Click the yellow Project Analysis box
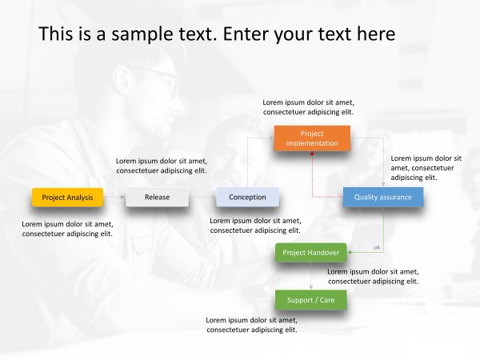pos(68,197)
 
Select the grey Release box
pos(157,197)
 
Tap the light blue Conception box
pos(247,197)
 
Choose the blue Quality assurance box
pos(382,197)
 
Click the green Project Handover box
pos(311,253)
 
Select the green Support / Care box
pos(311,300)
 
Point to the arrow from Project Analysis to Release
pos(114,197)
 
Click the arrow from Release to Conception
pos(202,197)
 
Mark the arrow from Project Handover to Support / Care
pos(311,276)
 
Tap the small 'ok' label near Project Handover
pos(377,247)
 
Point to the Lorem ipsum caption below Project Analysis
pos(67,229)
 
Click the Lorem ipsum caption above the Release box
pos(161,165)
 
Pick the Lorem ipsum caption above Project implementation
pos(308,107)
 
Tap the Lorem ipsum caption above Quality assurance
pos(426,168)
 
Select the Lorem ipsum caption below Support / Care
pos(252,325)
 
